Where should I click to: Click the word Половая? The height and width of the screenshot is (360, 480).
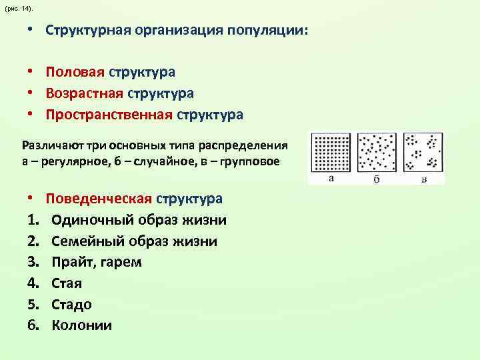[74, 71]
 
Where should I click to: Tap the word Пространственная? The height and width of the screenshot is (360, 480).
[109, 115]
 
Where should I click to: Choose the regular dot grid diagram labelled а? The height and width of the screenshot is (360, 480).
[331, 154]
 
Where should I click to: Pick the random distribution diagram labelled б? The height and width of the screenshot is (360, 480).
[377, 154]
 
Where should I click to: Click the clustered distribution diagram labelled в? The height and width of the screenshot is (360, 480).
[423, 154]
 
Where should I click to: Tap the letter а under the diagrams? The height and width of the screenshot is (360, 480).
[331, 179]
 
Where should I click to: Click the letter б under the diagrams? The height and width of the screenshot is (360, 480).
[377, 179]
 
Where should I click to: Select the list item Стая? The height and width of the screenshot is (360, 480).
[67, 283]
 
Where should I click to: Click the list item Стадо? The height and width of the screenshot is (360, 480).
[71, 305]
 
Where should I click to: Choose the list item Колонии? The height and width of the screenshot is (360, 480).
[81, 326]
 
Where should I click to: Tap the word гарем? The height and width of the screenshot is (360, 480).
[122, 262]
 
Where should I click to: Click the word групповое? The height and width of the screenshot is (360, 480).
[247, 162]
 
